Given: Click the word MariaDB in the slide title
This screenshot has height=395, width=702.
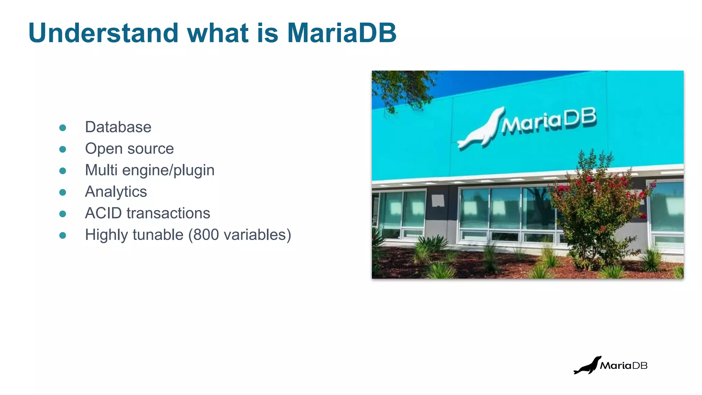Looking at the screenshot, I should [341, 33].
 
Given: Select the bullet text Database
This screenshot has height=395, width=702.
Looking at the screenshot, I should [118, 127].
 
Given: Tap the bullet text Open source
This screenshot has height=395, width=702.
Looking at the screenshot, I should [129, 149].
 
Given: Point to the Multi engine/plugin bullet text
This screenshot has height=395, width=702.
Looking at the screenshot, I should [149, 170].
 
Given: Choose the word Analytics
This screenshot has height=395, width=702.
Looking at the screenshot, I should [116, 192].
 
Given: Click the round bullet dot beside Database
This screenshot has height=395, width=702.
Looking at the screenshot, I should [62, 128].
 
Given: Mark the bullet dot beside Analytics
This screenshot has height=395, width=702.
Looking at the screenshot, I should [62, 192].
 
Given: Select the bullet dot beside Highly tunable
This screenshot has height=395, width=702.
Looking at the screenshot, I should [62, 236].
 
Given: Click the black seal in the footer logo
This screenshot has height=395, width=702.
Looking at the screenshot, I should [587, 366].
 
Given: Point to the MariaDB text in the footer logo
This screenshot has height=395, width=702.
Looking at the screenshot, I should [624, 366].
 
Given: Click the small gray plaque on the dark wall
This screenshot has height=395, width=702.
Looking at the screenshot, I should [438, 200].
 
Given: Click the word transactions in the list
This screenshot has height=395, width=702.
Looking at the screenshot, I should [168, 213].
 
